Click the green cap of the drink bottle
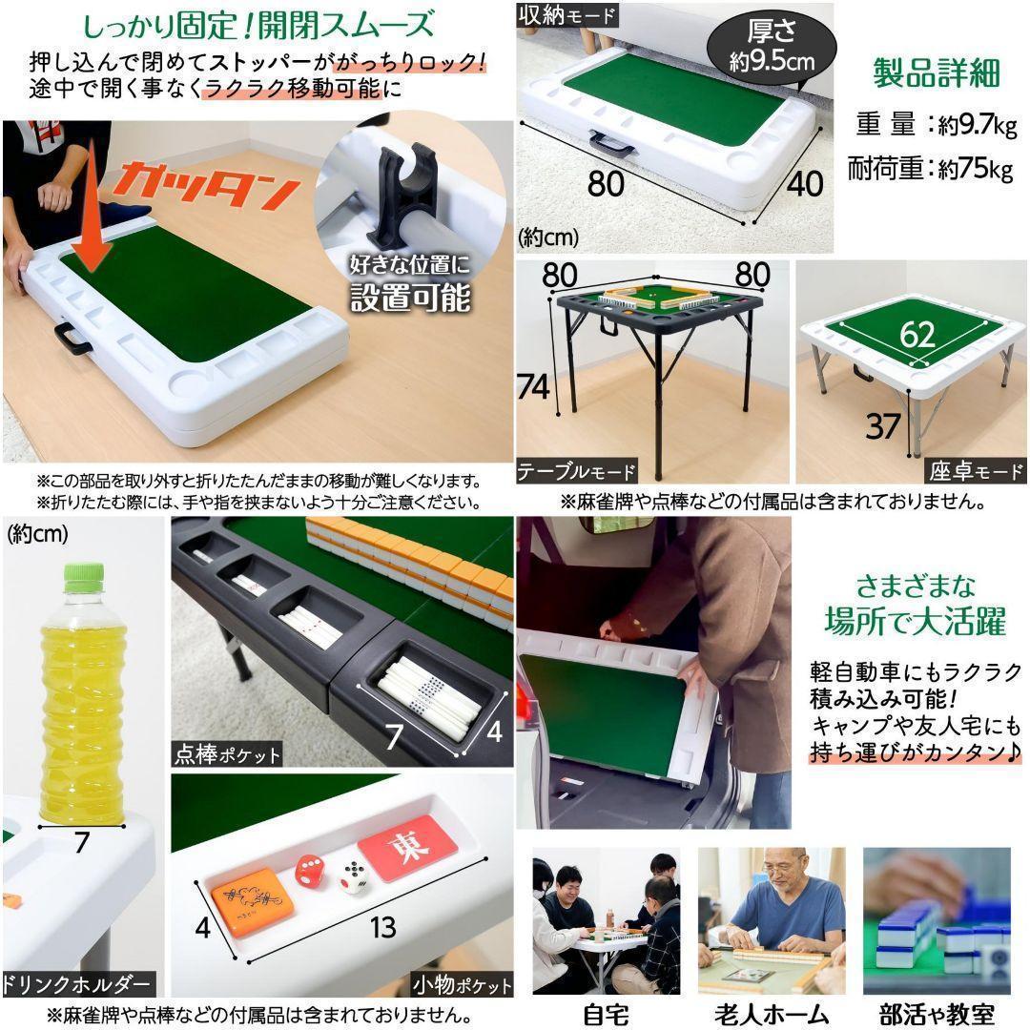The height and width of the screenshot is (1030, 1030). pos(83,574)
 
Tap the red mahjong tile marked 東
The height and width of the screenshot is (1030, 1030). pos(407,847)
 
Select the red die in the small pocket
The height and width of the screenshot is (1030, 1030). pos(309,869)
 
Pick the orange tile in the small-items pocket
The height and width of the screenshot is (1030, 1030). pos(252,901)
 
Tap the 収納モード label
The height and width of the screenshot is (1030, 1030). pos(568,15)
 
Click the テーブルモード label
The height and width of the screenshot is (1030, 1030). pos(576,471)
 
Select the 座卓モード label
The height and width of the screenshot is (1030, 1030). pos(974,471)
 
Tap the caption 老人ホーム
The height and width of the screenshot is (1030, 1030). pos(771,1013)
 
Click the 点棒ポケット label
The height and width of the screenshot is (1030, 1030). pos(227,754)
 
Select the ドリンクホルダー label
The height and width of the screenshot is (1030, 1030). pos(77,983)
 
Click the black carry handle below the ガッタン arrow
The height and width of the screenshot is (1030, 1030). pos(72,336)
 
